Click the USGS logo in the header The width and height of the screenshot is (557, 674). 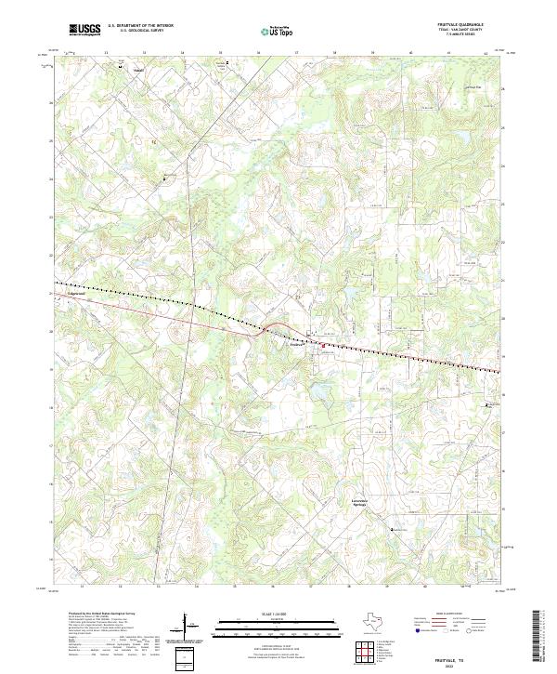coord(85,30)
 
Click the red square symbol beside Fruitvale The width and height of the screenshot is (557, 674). coord(323,346)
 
